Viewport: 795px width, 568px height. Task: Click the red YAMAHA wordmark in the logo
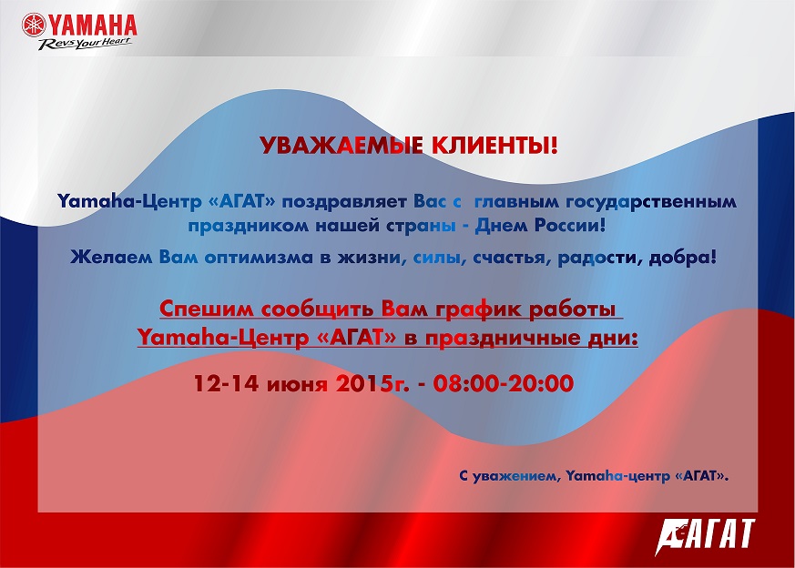point(93,25)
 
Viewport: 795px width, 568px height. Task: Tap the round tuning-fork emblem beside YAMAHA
point(34,25)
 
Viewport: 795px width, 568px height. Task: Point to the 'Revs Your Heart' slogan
point(85,44)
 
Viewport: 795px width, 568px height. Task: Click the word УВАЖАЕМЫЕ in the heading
point(341,146)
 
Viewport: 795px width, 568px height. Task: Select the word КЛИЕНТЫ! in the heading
point(494,146)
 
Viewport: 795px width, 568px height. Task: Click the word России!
point(569,226)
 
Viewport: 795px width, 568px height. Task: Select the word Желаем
point(111,258)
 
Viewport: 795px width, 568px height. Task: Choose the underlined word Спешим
point(207,309)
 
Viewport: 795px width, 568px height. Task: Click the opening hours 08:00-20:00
point(504,383)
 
